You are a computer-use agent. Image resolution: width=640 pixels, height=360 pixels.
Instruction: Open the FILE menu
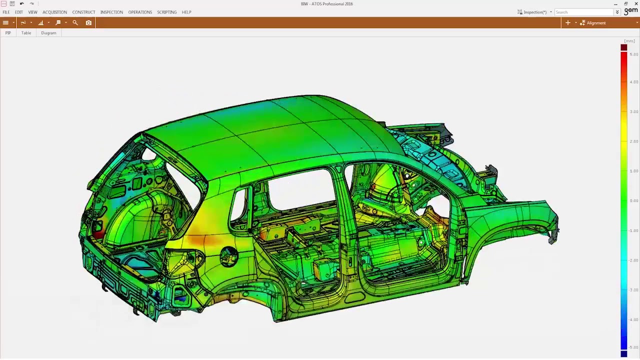pyautogui.click(x=6, y=12)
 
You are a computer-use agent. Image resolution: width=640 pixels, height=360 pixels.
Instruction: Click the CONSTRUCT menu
pyautogui.click(x=83, y=12)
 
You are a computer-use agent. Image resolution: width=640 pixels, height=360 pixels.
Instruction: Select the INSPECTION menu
pyautogui.click(x=111, y=12)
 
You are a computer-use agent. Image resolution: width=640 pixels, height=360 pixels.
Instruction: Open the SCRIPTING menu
pyautogui.click(x=167, y=12)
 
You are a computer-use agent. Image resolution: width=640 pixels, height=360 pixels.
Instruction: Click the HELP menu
pyautogui.click(x=186, y=12)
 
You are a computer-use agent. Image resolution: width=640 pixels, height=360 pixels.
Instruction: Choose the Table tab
pyautogui.click(x=26, y=33)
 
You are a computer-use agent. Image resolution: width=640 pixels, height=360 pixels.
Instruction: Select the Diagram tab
pyautogui.click(x=48, y=33)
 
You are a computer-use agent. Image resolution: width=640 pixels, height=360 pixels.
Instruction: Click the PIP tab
pyautogui.click(x=8, y=33)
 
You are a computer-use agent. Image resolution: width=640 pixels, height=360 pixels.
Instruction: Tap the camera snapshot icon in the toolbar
pyautogui.click(x=88, y=23)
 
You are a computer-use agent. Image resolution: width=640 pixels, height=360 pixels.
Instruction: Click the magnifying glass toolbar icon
pyautogui.click(x=75, y=22)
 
